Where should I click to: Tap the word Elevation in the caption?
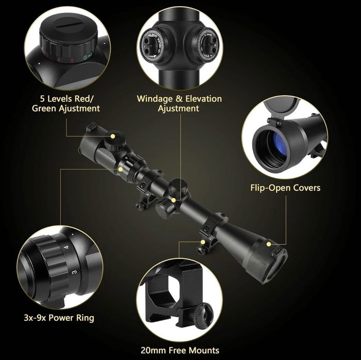(x=204, y=98)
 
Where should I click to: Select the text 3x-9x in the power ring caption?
(x=35, y=318)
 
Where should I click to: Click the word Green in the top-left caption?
(x=44, y=109)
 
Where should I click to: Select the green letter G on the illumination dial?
(x=85, y=58)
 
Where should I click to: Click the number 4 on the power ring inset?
(x=67, y=247)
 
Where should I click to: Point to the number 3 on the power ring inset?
(x=74, y=272)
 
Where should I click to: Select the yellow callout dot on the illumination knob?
(x=113, y=136)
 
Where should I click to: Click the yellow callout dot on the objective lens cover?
(x=268, y=244)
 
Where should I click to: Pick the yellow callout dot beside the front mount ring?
(x=203, y=242)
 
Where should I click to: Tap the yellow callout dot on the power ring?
(x=120, y=169)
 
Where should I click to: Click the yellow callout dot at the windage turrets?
(x=174, y=200)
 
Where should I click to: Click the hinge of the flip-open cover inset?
(x=274, y=122)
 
